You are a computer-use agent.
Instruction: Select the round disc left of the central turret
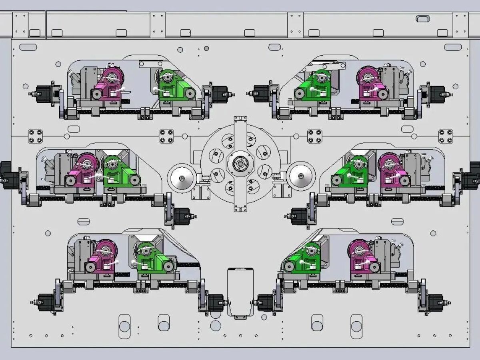coord(182,178)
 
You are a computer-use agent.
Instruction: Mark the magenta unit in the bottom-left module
coord(102,258)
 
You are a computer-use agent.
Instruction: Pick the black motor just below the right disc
coord(298,216)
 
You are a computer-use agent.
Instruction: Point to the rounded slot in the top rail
coord(422,18)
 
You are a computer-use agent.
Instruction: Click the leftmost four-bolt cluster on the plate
coord(36,136)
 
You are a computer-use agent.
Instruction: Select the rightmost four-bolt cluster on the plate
coord(446,136)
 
